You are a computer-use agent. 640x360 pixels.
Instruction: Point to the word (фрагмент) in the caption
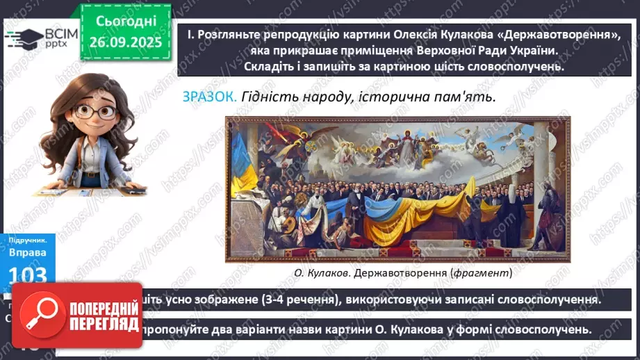tap(480, 273)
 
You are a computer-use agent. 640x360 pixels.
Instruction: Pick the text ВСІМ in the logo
tap(54, 33)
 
